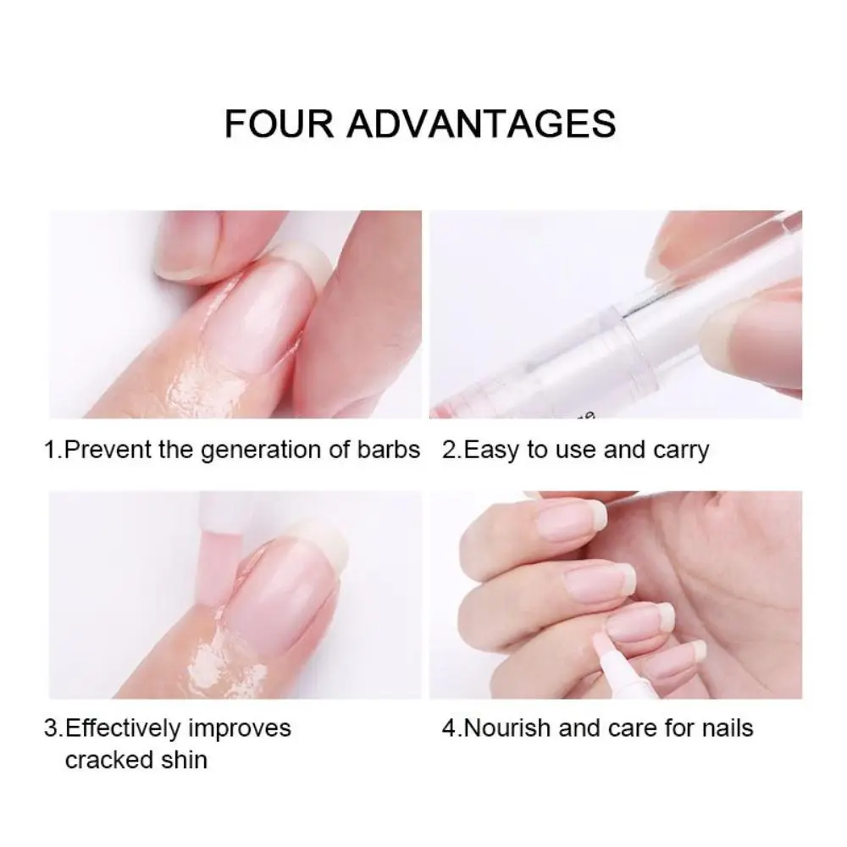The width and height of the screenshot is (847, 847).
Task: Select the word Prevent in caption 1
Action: click(108, 450)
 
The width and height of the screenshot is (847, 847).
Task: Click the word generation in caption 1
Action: click(270, 450)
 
